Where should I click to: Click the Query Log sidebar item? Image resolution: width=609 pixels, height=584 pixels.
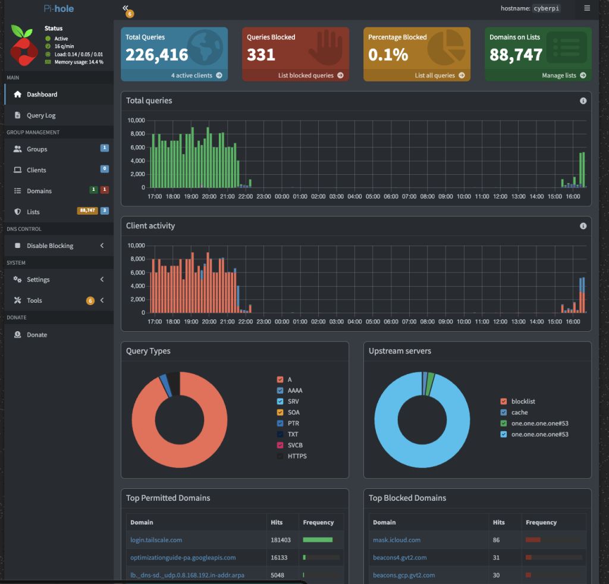coord(41,115)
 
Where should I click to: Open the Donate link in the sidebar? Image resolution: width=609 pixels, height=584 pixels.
coord(37,335)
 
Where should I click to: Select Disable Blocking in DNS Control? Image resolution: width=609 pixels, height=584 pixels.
coord(50,246)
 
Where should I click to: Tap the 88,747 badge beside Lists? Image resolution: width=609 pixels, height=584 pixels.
coord(87,211)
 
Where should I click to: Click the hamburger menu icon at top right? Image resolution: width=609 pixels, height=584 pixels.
coord(587,8)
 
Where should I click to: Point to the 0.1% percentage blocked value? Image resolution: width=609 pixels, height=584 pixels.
coord(388,55)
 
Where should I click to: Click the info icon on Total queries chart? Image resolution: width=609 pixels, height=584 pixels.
coord(583,101)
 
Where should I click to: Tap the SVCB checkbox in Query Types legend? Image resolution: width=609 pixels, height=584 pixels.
coord(280,445)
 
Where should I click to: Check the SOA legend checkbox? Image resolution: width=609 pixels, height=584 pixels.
coord(280,412)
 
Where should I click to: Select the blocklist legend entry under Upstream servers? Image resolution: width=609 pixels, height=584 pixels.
coord(523,401)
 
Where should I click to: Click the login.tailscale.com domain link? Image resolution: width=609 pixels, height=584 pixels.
coord(156,540)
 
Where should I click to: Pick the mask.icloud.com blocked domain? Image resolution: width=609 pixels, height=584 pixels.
coord(397,540)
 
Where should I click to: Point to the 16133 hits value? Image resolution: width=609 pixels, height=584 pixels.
coord(279,558)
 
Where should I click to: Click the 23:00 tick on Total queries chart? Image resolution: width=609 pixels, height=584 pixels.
coord(263,196)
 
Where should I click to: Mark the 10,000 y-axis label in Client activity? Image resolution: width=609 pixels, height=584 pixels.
coord(136,246)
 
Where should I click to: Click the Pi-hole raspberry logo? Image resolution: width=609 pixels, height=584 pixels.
coord(24,45)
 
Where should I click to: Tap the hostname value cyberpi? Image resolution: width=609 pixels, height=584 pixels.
coord(546,8)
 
